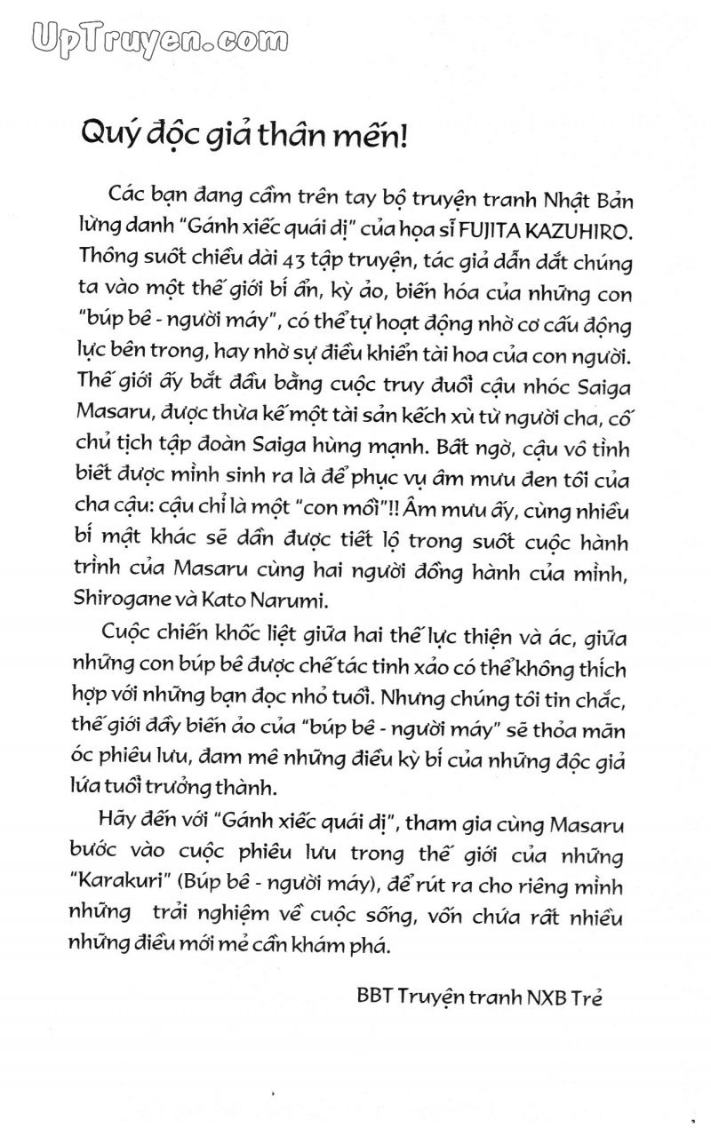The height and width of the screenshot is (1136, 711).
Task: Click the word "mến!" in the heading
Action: tap(372, 136)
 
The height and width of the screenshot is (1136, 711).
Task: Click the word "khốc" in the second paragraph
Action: tap(271, 635)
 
